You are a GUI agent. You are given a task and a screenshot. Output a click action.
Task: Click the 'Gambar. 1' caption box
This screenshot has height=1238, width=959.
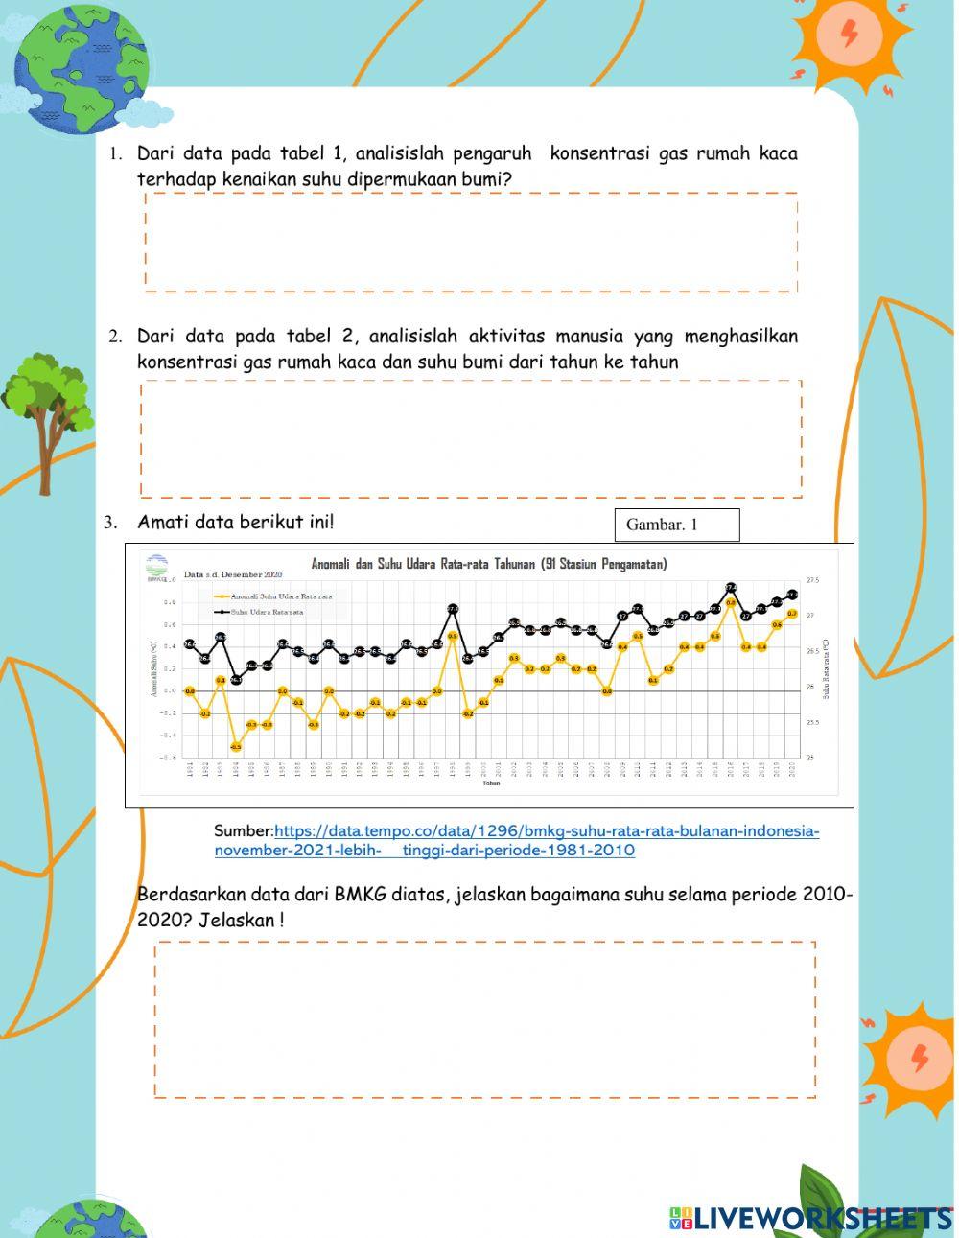point(676,525)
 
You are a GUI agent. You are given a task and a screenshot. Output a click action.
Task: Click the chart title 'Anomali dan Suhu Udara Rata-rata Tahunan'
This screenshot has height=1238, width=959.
point(488,564)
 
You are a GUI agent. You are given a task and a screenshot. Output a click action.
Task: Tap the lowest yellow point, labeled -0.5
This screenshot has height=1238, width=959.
point(236,746)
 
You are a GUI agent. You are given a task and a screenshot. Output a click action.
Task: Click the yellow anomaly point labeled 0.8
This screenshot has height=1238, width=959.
point(731,602)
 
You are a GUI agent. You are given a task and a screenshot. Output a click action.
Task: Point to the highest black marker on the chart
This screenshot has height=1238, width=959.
point(731,588)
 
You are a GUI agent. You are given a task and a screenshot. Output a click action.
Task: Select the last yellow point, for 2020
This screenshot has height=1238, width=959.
point(792,613)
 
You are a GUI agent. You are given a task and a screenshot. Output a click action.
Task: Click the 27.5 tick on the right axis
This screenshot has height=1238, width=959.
point(814,581)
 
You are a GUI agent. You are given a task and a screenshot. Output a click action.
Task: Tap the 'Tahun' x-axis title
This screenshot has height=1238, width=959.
point(491,783)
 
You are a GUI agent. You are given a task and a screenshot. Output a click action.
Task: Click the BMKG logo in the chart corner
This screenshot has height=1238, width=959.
point(156,567)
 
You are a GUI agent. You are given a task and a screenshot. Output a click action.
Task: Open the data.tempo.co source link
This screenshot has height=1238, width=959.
point(546,831)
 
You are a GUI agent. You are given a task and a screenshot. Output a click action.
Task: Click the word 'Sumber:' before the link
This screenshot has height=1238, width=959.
point(244,831)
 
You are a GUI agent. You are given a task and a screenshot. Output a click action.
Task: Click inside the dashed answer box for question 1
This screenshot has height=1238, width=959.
point(471,242)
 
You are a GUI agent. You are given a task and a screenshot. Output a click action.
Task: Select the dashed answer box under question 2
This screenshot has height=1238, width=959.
point(471,438)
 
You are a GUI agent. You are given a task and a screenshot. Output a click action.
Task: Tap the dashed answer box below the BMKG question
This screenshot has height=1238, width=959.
point(484,1018)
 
